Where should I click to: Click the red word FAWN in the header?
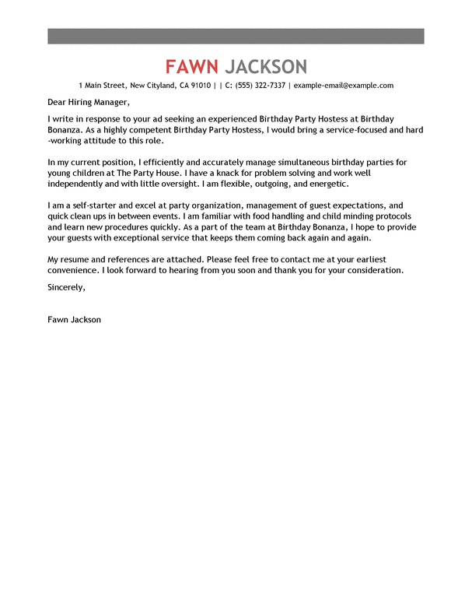pos(191,66)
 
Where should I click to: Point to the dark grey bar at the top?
pos(236,36)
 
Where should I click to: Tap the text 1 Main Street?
pos(102,86)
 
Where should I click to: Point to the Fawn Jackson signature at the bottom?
pos(74,318)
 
